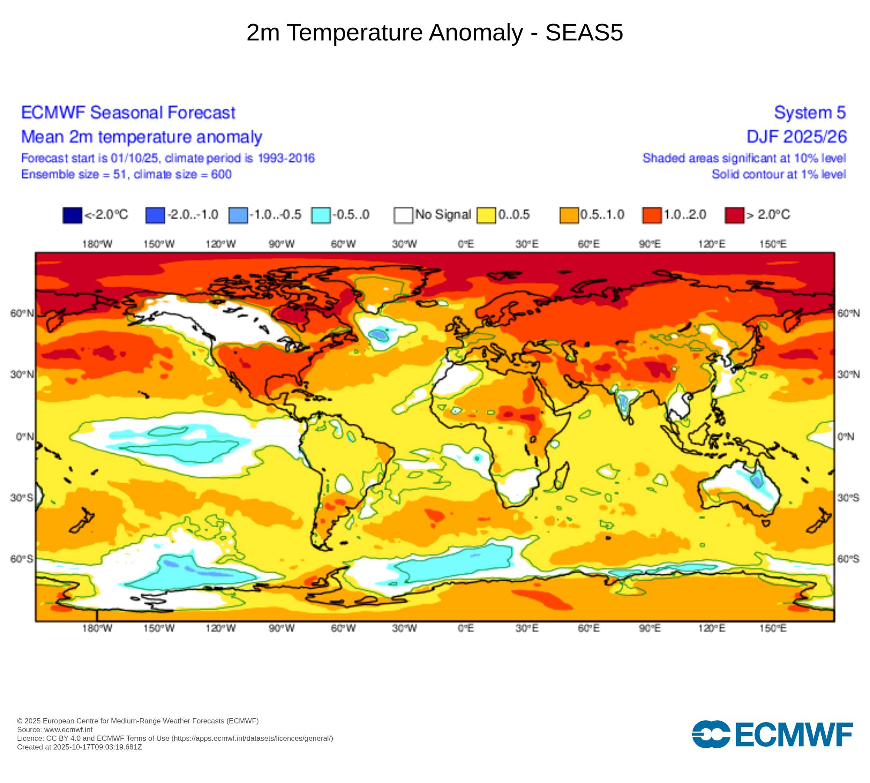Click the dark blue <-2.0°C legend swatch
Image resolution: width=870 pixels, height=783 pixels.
coord(72,215)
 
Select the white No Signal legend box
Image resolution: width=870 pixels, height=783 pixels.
coord(403,215)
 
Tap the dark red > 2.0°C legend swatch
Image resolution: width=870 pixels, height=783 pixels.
coord(734,215)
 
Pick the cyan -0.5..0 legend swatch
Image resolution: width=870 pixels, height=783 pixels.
coord(321,215)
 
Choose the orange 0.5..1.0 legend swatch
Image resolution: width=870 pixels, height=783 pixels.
coord(569,215)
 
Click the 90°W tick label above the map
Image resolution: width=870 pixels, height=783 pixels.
coord(281,244)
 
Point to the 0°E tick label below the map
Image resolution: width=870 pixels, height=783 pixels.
coord(465,628)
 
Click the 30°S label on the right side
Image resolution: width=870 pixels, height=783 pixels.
coord(848,498)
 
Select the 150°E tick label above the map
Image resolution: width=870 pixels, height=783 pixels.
coord(773,244)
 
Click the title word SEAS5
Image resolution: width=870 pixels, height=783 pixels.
coord(584,33)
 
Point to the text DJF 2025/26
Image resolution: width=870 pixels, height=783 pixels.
coord(796,137)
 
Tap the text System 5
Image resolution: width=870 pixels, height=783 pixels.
coord(810,113)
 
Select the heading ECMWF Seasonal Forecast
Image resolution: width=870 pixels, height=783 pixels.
coord(128,113)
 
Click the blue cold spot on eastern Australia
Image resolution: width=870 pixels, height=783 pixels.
coord(757,481)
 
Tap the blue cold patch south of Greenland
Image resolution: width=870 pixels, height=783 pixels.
coord(378,335)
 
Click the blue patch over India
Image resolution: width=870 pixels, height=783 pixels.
coord(624,402)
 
